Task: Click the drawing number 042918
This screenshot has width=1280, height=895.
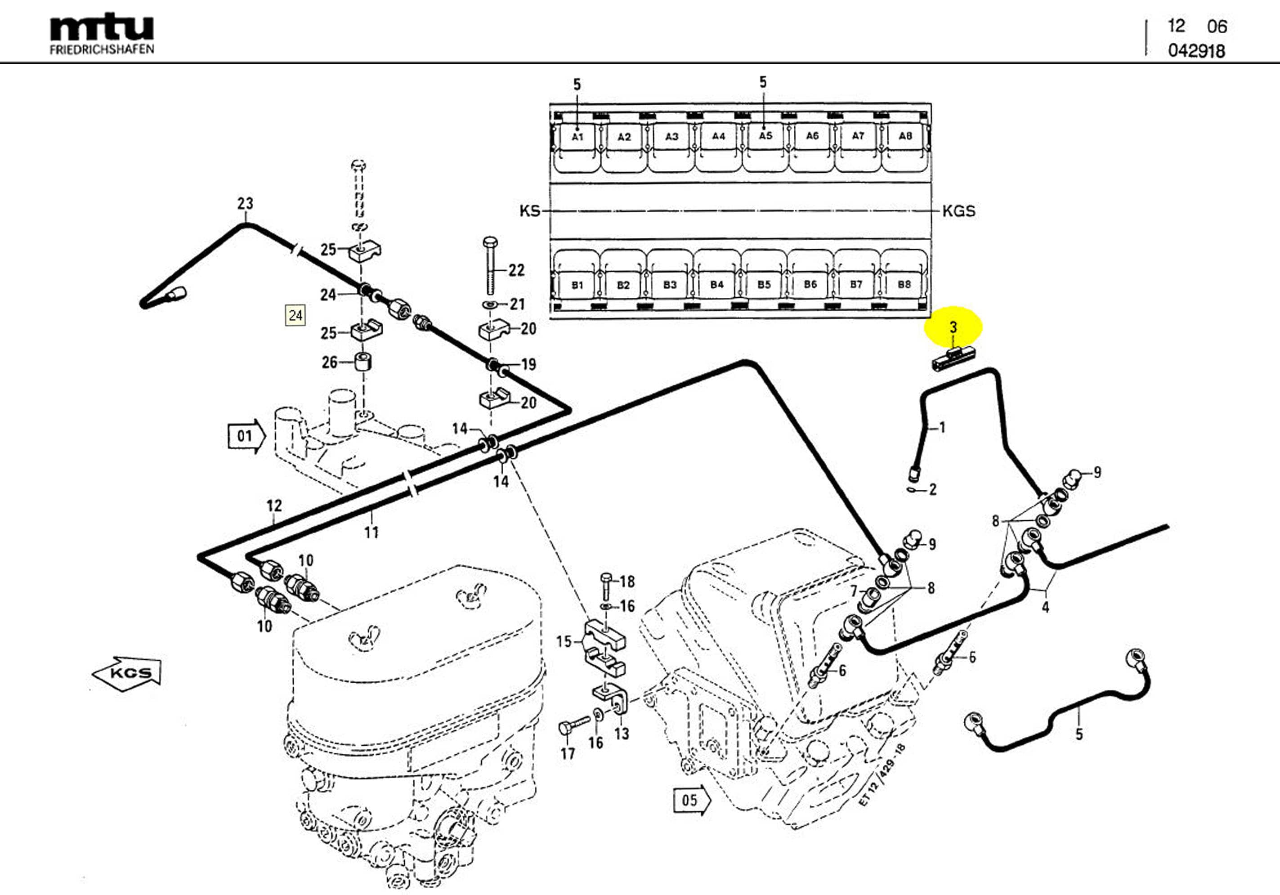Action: tap(1196, 51)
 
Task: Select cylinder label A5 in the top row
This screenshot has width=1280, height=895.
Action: tap(765, 135)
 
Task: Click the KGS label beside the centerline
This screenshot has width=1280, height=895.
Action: tap(958, 211)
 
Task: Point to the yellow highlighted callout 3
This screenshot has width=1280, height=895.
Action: tap(953, 327)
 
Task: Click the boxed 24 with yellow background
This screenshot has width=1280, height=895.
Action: tap(295, 316)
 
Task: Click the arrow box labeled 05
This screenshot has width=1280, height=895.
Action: tap(691, 801)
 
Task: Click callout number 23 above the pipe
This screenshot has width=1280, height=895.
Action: tap(245, 204)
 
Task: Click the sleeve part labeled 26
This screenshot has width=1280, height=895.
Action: tap(363, 362)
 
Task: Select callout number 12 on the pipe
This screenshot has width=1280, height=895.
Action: tap(274, 506)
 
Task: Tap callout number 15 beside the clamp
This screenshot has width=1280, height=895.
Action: tap(564, 641)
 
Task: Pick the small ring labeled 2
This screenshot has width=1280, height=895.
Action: tap(912, 490)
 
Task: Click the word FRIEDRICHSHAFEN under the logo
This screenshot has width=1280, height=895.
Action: tap(102, 49)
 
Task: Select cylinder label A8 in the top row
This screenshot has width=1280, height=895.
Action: tap(905, 135)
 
